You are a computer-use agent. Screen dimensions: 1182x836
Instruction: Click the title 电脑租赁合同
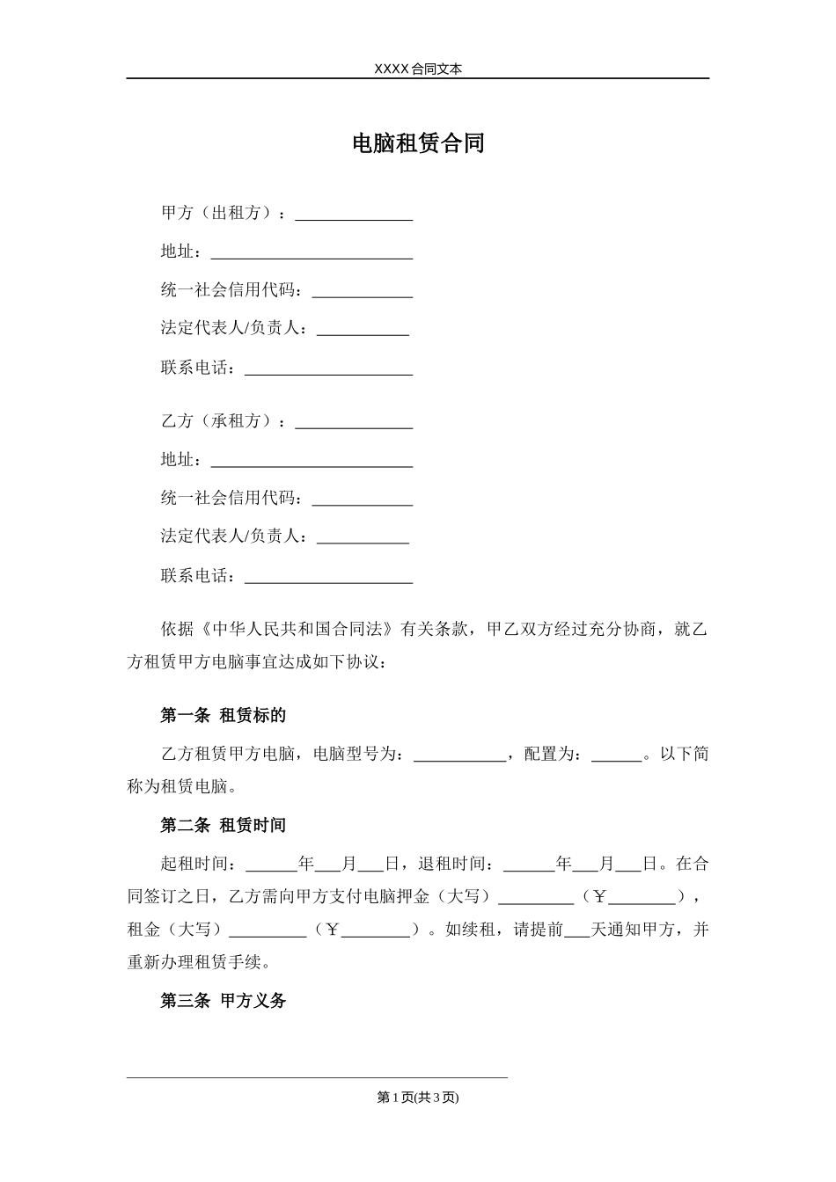(x=418, y=143)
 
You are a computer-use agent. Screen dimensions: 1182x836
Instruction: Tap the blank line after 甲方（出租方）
(x=354, y=214)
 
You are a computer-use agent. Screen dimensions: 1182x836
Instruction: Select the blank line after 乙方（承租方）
(x=354, y=422)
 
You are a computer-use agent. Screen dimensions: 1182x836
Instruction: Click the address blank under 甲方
(x=312, y=252)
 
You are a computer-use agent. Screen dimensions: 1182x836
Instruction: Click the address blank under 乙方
(x=312, y=461)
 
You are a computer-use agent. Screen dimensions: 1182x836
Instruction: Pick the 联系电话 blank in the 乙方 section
(x=328, y=577)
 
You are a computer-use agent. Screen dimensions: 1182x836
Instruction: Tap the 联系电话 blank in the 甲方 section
(x=328, y=368)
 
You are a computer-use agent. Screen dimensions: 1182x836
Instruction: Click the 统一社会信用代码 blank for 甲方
(x=363, y=291)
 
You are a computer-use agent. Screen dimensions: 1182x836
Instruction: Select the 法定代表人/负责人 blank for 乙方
(x=363, y=537)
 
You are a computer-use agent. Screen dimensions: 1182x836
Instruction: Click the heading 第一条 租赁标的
(x=224, y=716)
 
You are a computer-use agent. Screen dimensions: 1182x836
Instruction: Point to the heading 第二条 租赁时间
(x=224, y=826)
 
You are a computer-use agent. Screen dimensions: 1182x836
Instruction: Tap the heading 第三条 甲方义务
(x=224, y=1001)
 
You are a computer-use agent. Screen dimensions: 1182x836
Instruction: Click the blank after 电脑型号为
(x=459, y=755)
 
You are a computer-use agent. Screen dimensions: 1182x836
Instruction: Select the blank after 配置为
(x=616, y=755)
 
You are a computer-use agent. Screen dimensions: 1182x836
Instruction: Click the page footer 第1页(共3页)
(x=418, y=1097)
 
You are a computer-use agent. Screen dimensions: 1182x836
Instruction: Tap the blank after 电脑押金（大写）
(x=535, y=897)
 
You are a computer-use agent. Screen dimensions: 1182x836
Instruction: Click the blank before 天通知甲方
(x=576, y=930)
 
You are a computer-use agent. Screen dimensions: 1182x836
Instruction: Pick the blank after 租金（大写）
(x=268, y=930)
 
